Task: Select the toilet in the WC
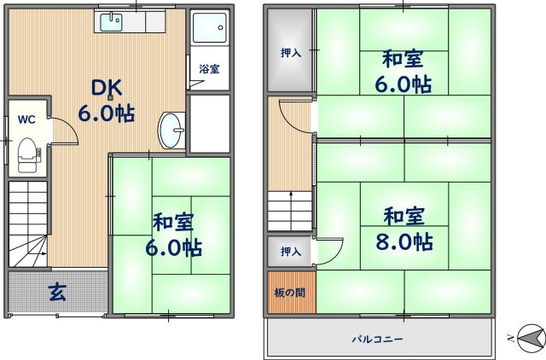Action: [26, 153]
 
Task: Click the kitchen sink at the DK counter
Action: [111, 22]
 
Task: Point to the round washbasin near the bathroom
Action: [171, 130]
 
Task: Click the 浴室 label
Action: [209, 68]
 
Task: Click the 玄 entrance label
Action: [57, 293]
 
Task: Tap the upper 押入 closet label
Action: [291, 53]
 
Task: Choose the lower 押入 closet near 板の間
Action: [291, 252]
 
